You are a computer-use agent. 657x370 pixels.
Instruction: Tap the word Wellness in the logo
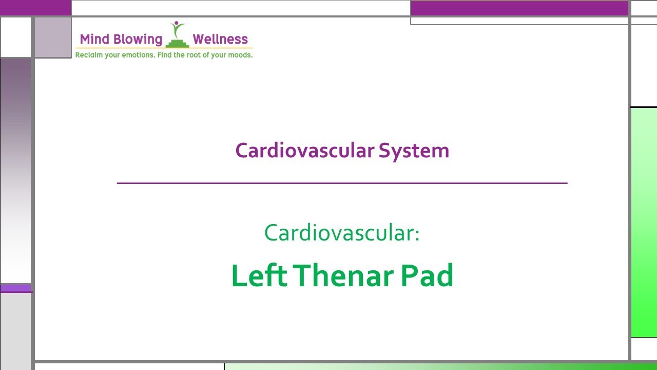coord(220,40)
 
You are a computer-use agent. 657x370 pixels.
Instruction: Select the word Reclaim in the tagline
coord(89,54)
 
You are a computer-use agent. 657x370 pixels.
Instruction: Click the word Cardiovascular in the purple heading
coord(304,151)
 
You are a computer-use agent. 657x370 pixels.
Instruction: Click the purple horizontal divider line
coord(342,183)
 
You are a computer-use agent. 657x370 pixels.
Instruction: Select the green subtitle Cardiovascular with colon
coord(342,233)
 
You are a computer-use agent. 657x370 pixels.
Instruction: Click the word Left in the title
coord(259,275)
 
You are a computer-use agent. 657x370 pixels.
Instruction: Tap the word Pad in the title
coord(427,275)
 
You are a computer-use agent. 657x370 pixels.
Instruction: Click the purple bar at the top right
coord(519,8)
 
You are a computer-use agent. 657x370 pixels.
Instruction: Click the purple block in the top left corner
coord(35,7)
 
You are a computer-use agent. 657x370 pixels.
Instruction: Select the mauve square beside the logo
coord(52,37)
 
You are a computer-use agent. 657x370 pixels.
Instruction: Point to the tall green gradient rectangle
coord(644,222)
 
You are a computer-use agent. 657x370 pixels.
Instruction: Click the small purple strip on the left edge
coord(15,288)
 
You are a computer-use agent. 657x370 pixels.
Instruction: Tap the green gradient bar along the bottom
coord(440,366)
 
